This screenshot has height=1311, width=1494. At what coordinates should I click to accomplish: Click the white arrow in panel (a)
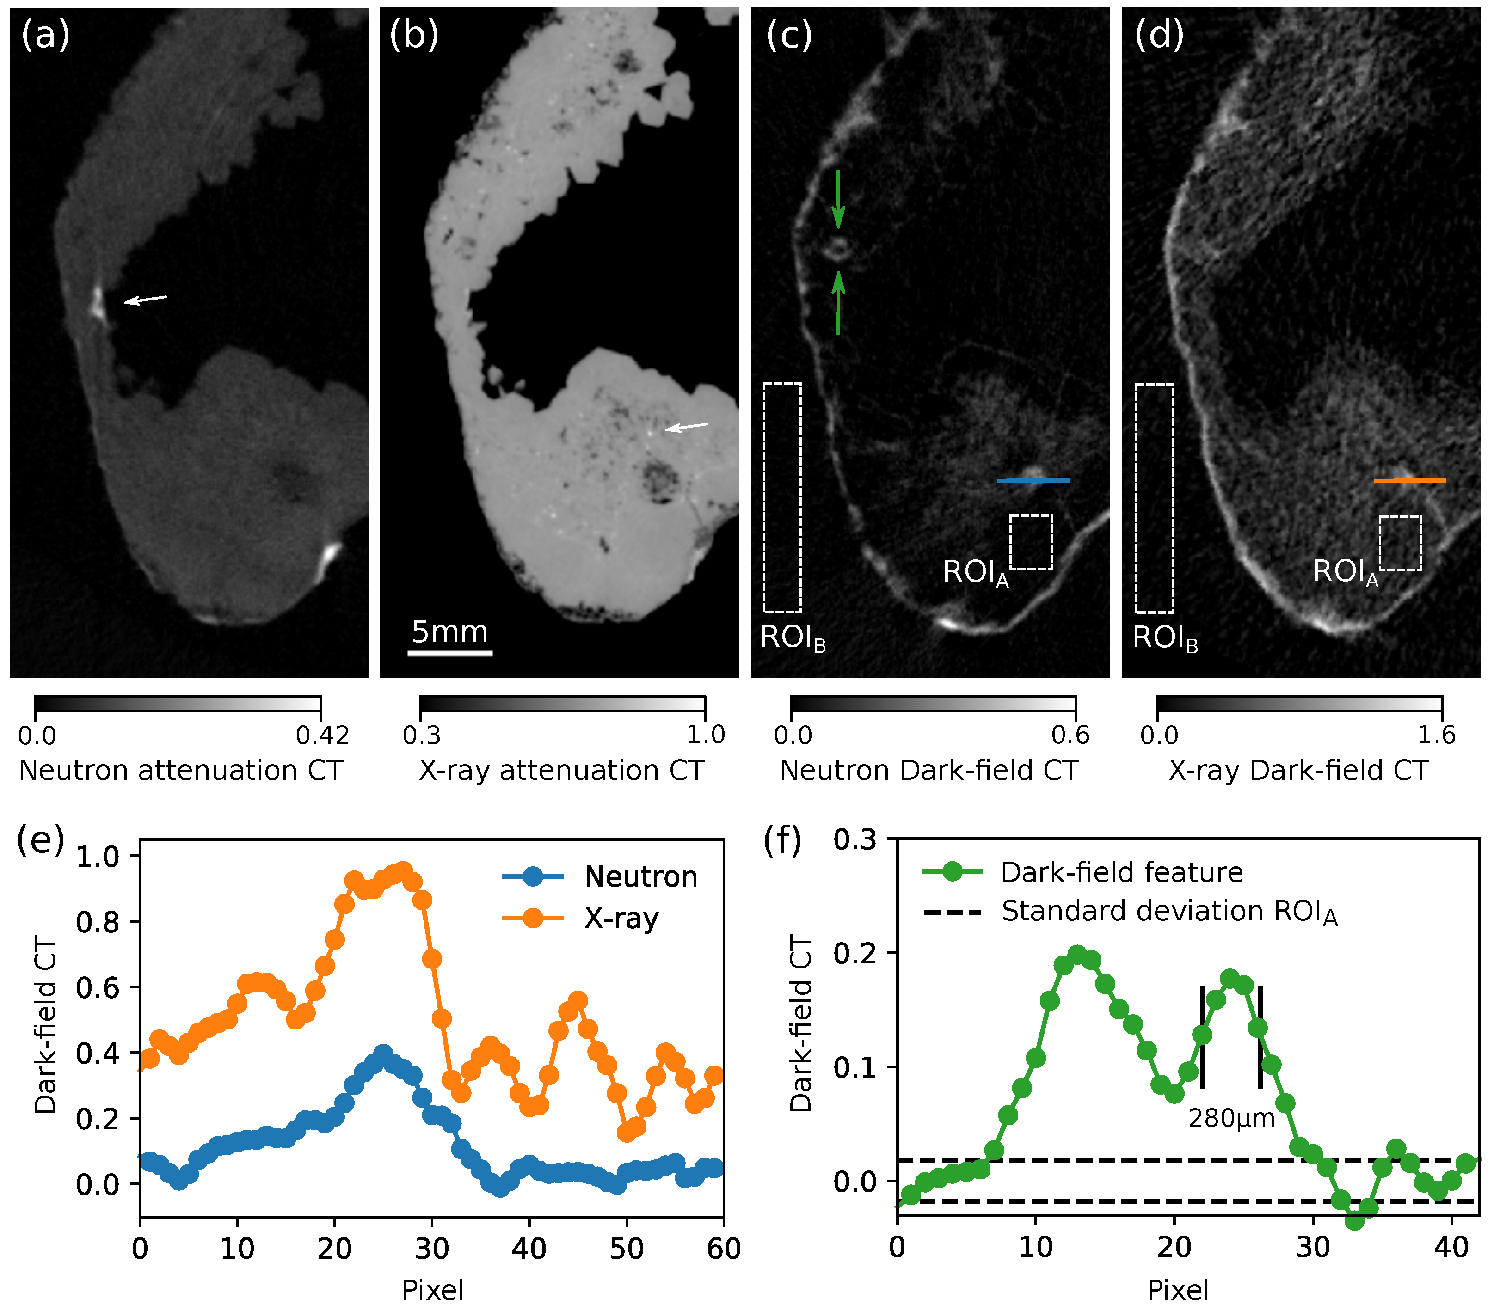pyautogui.click(x=145, y=299)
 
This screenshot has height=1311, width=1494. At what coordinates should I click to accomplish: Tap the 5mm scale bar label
pyautogui.click(x=449, y=632)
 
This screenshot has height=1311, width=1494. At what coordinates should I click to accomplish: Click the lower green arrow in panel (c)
pyautogui.click(x=838, y=303)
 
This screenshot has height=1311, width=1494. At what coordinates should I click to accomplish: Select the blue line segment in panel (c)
pyautogui.click(x=1033, y=480)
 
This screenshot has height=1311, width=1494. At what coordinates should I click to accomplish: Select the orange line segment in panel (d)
pyautogui.click(x=1409, y=480)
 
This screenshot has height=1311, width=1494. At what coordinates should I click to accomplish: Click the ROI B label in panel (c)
pyautogui.click(x=793, y=638)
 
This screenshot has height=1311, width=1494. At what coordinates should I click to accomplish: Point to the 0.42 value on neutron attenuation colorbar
pyautogui.click(x=322, y=735)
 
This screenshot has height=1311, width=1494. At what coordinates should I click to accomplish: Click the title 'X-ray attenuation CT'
pyautogui.click(x=561, y=770)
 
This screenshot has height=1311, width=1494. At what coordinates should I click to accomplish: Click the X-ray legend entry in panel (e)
pyautogui.click(x=621, y=918)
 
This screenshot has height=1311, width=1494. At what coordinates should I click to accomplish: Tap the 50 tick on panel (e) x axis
pyautogui.click(x=627, y=1248)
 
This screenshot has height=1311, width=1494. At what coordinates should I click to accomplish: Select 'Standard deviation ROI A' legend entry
pyautogui.click(x=1169, y=912)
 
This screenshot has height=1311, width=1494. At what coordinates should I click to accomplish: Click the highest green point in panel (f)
pyautogui.click(x=1077, y=954)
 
